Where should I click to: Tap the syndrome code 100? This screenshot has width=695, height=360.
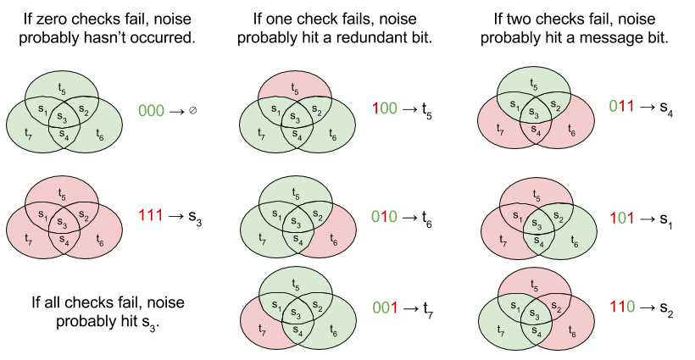pyautogui.click(x=386, y=110)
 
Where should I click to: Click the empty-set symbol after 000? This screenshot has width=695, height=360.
pyautogui.click(x=193, y=111)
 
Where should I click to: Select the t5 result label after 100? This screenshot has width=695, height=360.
pyautogui.click(x=426, y=112)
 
